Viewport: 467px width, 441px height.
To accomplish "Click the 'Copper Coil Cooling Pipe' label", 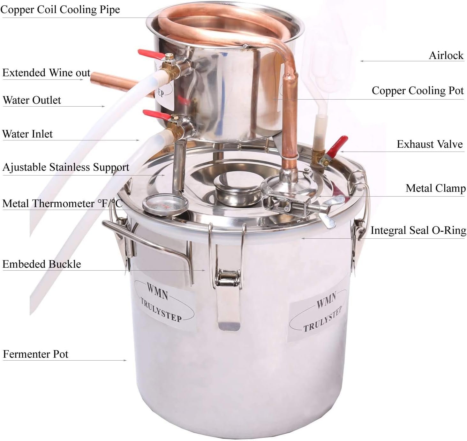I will pos(60,10).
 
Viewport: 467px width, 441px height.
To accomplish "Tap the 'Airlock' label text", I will pos(446,56).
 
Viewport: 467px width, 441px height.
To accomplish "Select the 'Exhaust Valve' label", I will pos(429,144).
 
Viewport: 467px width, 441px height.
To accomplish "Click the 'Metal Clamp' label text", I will pos(435,188).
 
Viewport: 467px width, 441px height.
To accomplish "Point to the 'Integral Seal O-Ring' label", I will pos(418,230).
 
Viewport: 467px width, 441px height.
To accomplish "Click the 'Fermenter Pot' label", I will pos(35,354).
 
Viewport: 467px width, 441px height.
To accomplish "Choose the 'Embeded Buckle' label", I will pos(41,264).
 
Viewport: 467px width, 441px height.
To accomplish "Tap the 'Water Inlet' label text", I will pos(27,134).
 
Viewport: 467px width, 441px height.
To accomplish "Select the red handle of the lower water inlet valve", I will pos(155,115).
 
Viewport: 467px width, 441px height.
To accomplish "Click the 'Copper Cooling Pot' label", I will pos(417,91).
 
